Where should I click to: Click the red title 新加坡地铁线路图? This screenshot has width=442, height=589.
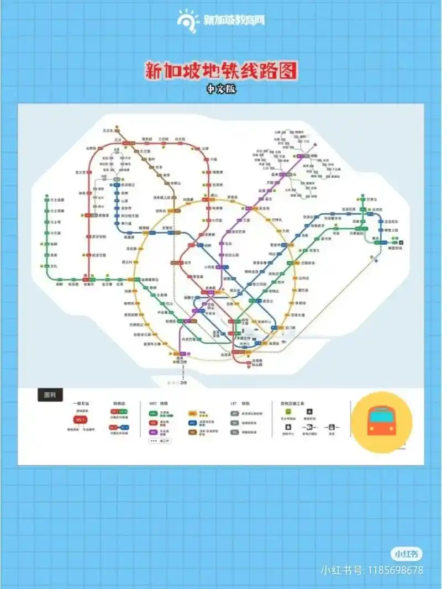221,71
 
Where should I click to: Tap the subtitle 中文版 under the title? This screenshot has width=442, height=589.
221,88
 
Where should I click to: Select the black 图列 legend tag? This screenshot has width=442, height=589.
50,395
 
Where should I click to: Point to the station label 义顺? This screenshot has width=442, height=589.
206,148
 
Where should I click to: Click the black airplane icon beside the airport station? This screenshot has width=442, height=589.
401,241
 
